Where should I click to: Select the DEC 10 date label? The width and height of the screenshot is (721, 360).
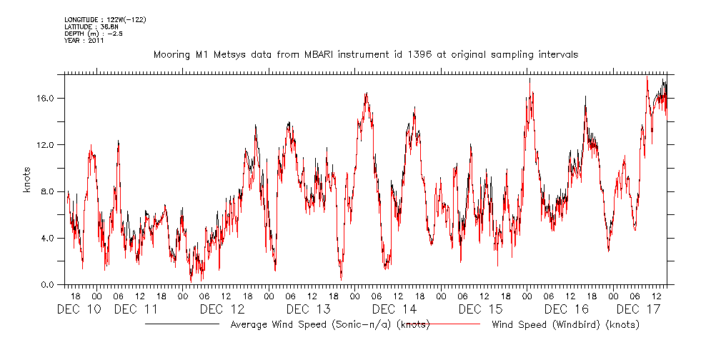[x=79, y=309]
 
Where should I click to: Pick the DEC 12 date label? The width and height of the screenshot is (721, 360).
[x=222, y=309]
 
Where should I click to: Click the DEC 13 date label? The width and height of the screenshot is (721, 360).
[x=308, y=309]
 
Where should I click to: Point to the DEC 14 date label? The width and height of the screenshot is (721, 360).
[x=394, y=309]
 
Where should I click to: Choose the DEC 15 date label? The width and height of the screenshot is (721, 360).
[x=480, y=309]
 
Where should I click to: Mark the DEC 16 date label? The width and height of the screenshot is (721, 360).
[x=566, y=309]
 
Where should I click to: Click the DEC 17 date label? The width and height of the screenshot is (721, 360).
[x=637, y=309]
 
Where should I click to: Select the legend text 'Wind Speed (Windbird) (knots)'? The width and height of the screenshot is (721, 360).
[x=565, y=325]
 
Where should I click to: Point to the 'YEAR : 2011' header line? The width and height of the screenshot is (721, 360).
[x=84, y=41]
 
